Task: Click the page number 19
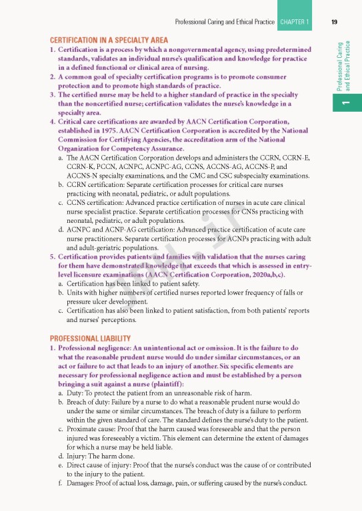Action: [334, 22]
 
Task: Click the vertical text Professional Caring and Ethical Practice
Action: [343, 67]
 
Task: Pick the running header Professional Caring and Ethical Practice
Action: [224, 22]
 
